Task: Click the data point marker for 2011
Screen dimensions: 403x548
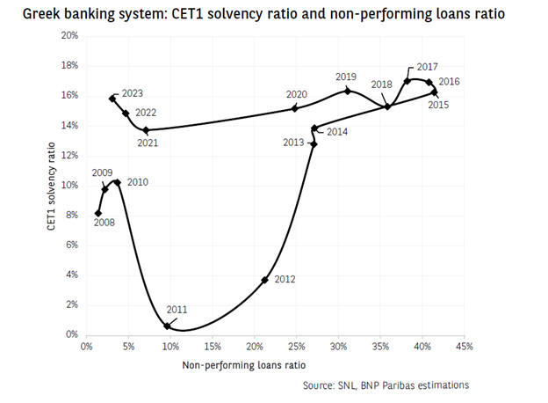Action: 167,326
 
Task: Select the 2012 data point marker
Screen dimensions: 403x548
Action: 264,280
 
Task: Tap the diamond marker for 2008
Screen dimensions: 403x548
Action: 98,213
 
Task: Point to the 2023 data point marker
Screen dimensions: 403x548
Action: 112,99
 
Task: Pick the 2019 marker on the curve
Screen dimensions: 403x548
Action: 348,91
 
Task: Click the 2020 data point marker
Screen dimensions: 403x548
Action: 295,108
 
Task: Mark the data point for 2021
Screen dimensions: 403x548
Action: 146,130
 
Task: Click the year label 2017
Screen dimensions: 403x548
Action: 428,68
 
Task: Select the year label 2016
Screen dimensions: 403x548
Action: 449,82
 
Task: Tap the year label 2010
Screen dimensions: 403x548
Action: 138,183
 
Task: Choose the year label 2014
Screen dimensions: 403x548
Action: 337,132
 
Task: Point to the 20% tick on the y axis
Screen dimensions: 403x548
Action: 69,36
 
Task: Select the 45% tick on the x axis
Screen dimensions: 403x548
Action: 463,347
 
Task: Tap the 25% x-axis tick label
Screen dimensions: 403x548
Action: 295,347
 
